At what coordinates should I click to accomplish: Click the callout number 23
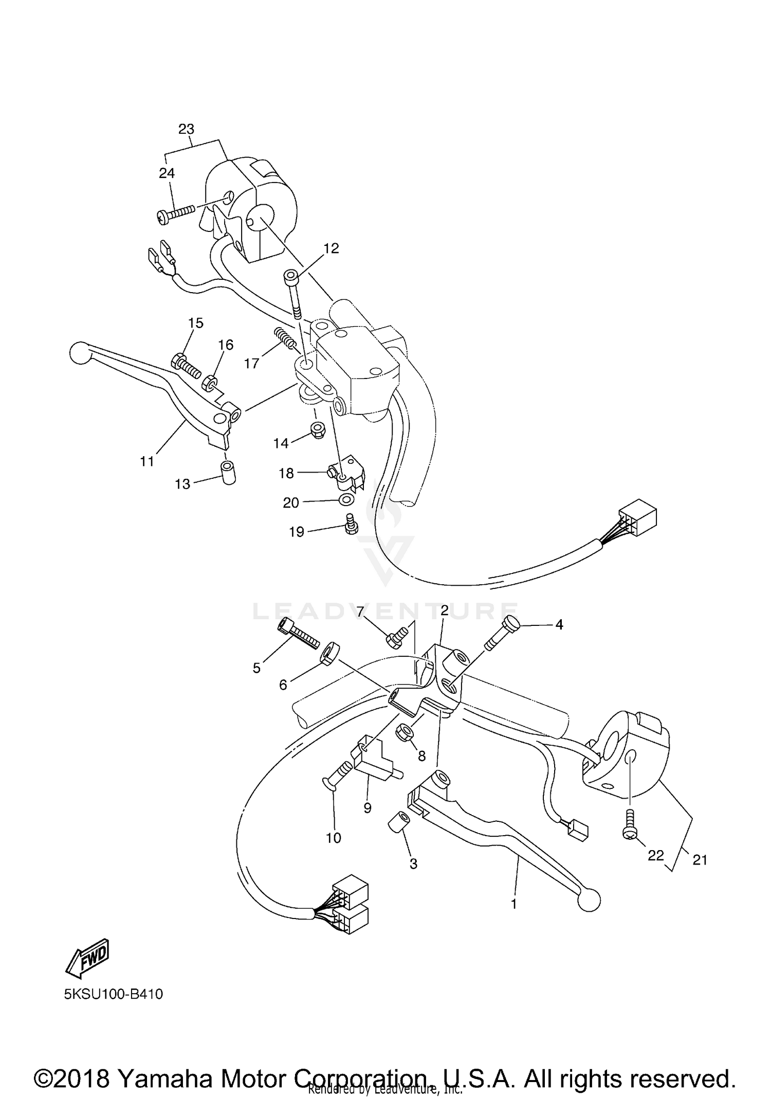click(187, 129)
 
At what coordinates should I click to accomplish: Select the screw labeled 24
click(176, 214)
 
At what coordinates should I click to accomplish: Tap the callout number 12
click(332, 248)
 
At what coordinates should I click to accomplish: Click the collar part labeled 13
click(228, 473)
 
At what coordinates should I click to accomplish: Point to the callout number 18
click(286, 473)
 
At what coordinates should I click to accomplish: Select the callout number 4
click(559, 625)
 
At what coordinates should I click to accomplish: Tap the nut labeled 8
click(403, 731)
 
